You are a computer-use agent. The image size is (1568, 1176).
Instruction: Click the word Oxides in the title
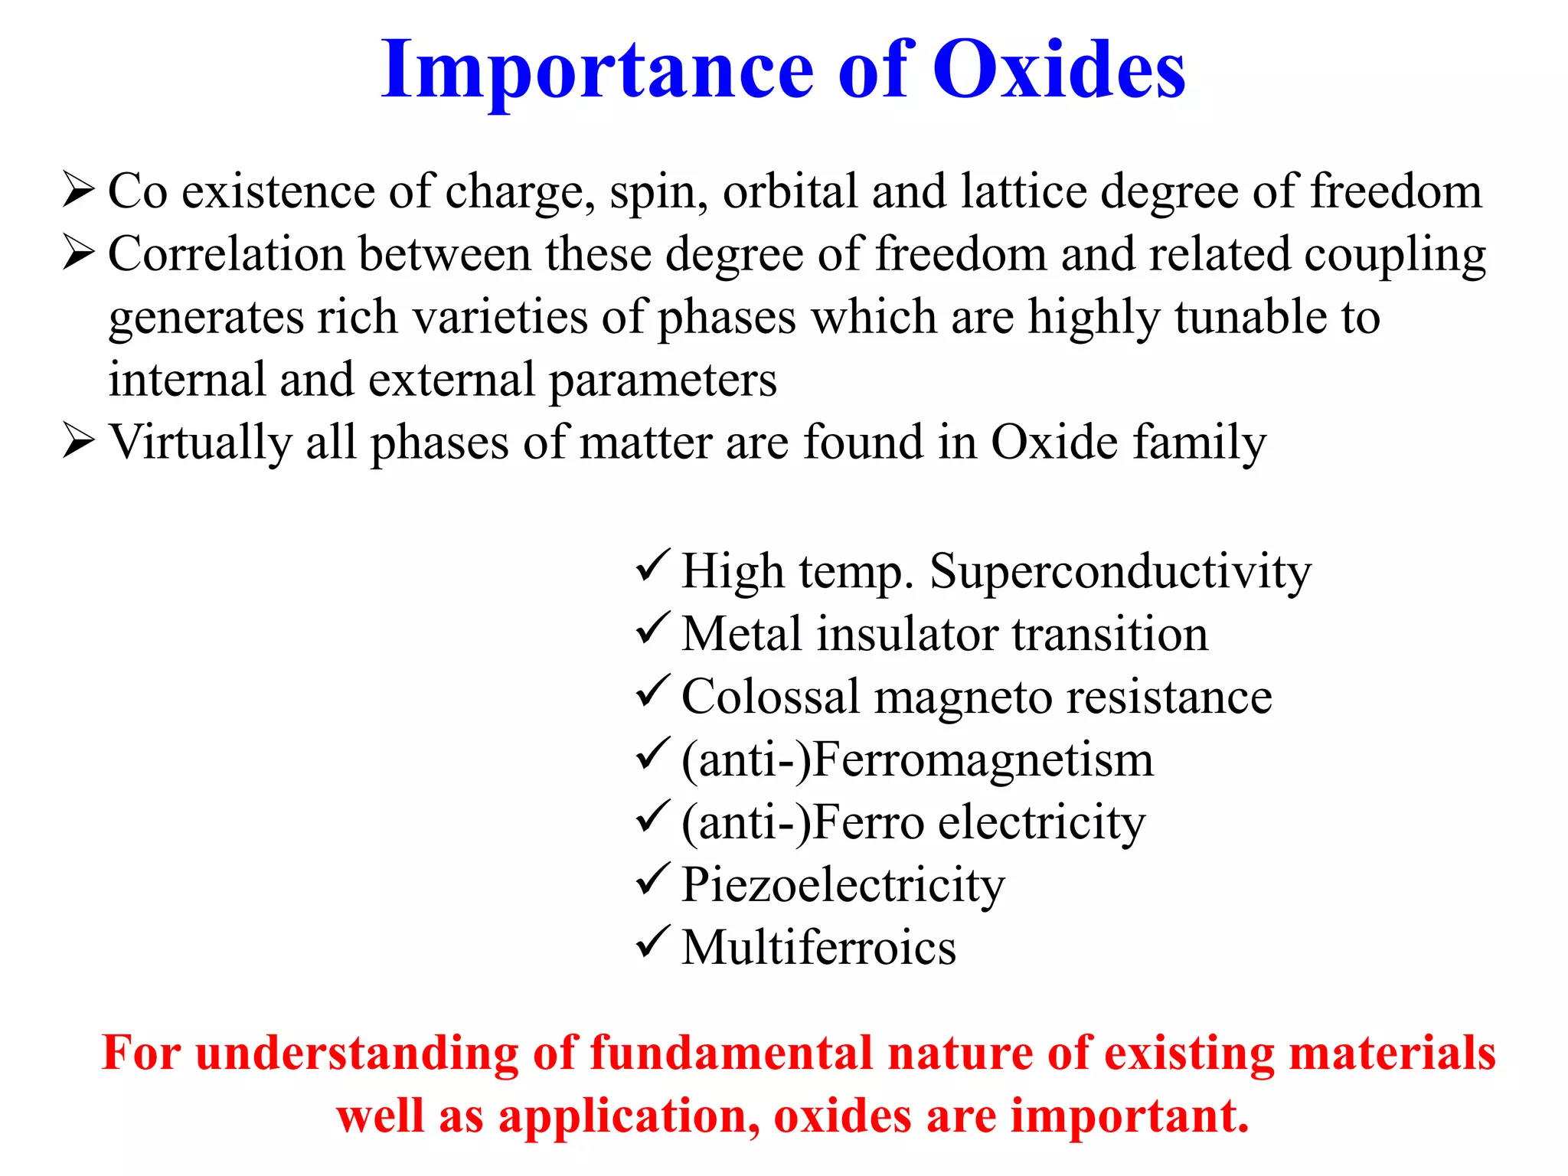click(x=1059, y=70)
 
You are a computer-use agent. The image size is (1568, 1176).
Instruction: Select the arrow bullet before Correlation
click(x=79, y=253)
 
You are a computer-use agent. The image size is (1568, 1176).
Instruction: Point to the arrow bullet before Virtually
click(x=79, y=442)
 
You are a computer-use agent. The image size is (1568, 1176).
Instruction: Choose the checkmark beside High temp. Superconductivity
click(x=653, y=567)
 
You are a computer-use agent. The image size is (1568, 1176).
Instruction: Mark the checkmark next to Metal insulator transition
click(x=653, y=629)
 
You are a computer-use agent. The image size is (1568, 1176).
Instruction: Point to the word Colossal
click(x=770, y=697)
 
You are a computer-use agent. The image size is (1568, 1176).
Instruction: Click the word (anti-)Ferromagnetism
click(x=917, y=760)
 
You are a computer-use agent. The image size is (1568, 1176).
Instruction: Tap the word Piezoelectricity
click(x=842, y=886)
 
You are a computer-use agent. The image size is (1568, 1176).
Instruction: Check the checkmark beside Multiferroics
click(x=653, y=943)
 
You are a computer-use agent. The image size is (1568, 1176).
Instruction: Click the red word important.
click(x=1130, y=1116)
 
